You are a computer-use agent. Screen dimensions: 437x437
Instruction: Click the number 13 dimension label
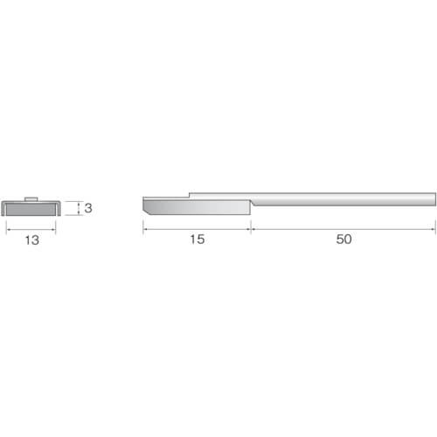click(32, 240)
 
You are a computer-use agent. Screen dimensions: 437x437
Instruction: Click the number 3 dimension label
click(88, 208)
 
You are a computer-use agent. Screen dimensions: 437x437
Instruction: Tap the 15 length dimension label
click(198, 239)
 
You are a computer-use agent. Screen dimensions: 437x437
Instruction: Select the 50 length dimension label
click(343, 239)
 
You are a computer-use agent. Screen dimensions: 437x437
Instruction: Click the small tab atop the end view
click(31, 199)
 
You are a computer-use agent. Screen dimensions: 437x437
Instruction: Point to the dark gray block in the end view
click(31, 210)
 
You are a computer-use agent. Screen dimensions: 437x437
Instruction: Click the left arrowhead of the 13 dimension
click(8, 230)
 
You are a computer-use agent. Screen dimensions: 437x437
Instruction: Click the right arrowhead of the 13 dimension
click(54, 230)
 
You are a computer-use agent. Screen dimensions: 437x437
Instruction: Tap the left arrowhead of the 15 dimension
click(144, 229)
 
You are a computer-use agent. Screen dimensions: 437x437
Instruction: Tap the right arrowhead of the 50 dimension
click(434, 229)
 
